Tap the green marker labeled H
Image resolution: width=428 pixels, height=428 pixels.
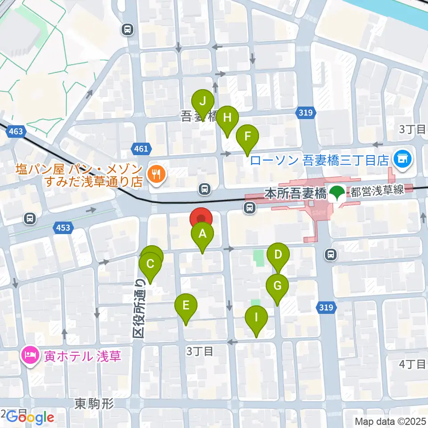pyautogui.click(x=227, y=118)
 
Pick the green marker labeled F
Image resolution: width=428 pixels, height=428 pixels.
pyautogui.click(x=247, y=135)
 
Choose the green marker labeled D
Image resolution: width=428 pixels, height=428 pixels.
pyautogui.click(x=278, y=255)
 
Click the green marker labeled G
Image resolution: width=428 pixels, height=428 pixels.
pyautogui.click(x=277, y=286)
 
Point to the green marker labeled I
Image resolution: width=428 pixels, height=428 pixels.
pyautogui.click(x=256, y=318)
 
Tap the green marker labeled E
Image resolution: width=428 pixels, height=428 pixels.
pyautogui.click(x=186, y=306)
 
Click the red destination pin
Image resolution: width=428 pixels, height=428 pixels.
pyautogui.click(x=202, y=218)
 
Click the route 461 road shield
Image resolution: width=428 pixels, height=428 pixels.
pyautogui.click(x=141, y=149)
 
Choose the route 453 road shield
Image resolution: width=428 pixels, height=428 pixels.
pyautogui.click(x=63, y=228)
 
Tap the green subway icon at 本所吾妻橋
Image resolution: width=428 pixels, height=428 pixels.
pyautogui.click(x=337, y=193)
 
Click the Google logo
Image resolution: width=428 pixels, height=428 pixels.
pyautogui.click(x=30, y=417)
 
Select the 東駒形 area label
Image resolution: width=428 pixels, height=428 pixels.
pyautogui.click(x=94, y=404)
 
